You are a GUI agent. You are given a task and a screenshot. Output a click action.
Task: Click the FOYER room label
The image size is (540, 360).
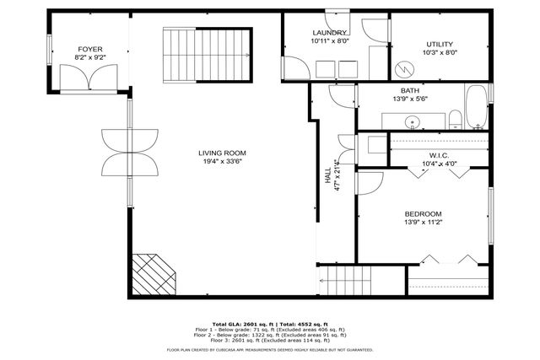90,51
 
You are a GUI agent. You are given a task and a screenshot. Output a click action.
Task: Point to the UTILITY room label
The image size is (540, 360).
439,44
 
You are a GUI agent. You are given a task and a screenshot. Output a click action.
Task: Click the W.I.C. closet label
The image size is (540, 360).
438,155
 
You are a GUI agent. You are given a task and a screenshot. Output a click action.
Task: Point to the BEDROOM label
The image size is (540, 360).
424,214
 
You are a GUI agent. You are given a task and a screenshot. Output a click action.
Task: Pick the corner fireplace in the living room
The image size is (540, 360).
153,274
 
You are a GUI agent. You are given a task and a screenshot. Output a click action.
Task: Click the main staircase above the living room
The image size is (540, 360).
207,56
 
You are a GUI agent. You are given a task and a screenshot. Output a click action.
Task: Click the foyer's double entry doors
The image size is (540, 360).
89,78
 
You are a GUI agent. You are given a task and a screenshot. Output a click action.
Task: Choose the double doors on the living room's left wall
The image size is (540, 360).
130,151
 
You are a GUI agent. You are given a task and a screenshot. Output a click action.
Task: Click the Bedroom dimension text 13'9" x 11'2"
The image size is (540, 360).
424,224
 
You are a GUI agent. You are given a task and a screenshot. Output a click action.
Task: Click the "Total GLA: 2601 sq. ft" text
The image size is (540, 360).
240,323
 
